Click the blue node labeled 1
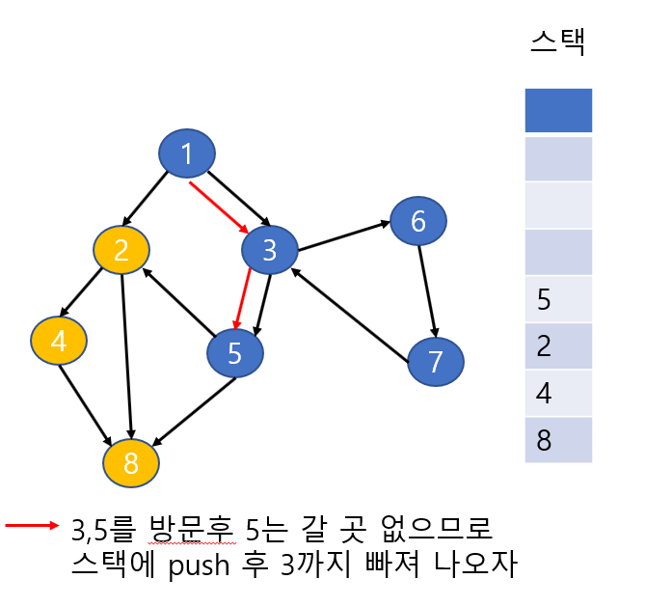point(187,153)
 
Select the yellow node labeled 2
point(121,250)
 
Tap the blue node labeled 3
point(269,250)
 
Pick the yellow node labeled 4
point(59,341)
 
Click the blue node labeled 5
point(235,353)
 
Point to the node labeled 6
point(418,221)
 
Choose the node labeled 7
point(435,362)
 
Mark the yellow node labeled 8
point(131,463)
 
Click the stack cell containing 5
point(558,299)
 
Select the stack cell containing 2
point(558,345)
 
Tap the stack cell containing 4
point(558,393)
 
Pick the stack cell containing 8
point(558,439)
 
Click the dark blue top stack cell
point(558,111)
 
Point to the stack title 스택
point(559,41)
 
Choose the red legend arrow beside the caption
point(32,526)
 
